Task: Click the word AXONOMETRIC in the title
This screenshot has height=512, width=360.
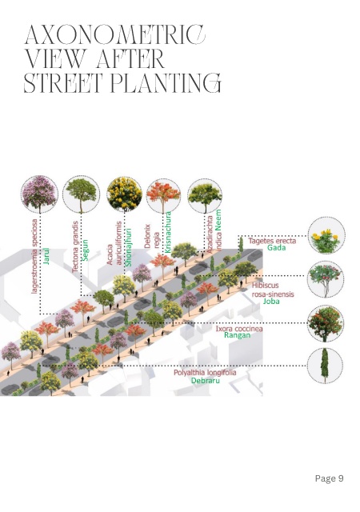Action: tap(115, 34)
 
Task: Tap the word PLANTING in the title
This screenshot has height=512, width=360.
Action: tap(166, 83)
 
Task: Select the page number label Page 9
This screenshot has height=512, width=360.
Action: tap(329, 478)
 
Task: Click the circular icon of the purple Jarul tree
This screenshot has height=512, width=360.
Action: tap(39, 194)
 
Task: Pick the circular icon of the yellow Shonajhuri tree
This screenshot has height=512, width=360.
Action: tap(124, 194)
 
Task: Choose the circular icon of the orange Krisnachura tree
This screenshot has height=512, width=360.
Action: tap(163, 195)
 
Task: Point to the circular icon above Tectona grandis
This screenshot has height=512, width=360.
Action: tap(81, 195)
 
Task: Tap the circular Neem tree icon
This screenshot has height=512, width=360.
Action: tap(205, 196)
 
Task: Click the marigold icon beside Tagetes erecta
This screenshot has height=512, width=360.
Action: tap(326, 236)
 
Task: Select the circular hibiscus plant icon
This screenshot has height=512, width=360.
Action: tap(326, 279)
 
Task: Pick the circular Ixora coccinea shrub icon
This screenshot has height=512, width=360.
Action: tap(326, 323)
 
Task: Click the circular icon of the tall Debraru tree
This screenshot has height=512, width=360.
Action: tap(325, 366)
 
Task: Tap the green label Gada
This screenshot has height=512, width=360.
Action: tap(276, 248)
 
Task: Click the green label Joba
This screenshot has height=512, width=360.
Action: tap(271, 301)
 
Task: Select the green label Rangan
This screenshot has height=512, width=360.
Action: tap(237, 335)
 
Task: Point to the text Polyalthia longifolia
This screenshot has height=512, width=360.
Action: tap(205, 373)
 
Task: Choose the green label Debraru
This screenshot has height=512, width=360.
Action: tap(205, 381)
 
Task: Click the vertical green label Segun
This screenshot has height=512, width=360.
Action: tap(85, 250)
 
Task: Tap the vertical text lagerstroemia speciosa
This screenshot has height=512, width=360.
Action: tap(34, 256)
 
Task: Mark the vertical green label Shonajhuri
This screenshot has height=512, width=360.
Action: tap(128, 247)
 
